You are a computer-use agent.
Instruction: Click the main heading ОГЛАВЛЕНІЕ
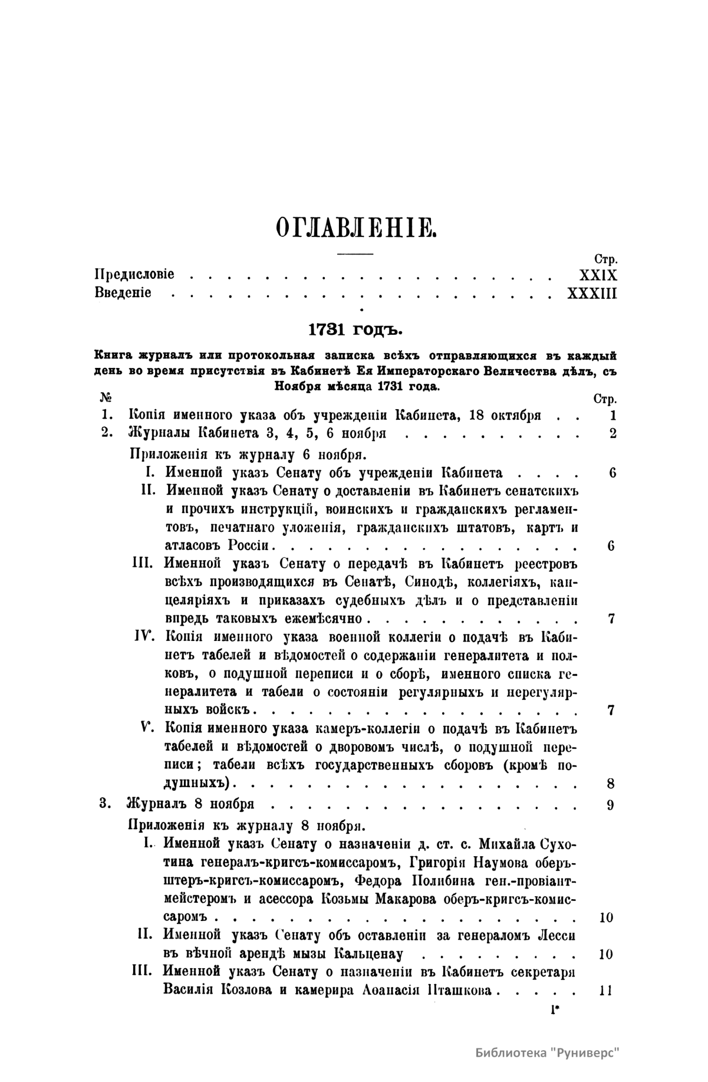pyautogui.click(x=355, y=226)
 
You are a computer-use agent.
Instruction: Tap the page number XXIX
pyautogui.click(x=598, y=275)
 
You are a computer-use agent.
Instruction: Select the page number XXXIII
pyautogui.click(x=591, y=292)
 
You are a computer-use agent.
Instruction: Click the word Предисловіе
pyautogui.click(x=134, y=275)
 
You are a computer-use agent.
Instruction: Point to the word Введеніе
pyautogui.click(x=123, y=292)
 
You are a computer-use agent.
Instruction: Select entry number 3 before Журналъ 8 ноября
pyautogui.click(x=106, y=804)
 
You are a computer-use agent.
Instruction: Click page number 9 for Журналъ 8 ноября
pyautogui.click(x=611, y=804)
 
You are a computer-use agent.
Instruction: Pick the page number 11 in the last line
pyautogui.click(x=605, y=990)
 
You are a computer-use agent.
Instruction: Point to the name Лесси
pyautogui.click(x=556, y=935)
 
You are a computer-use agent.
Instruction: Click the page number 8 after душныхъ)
pyautogui.click(x=611, y=784)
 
